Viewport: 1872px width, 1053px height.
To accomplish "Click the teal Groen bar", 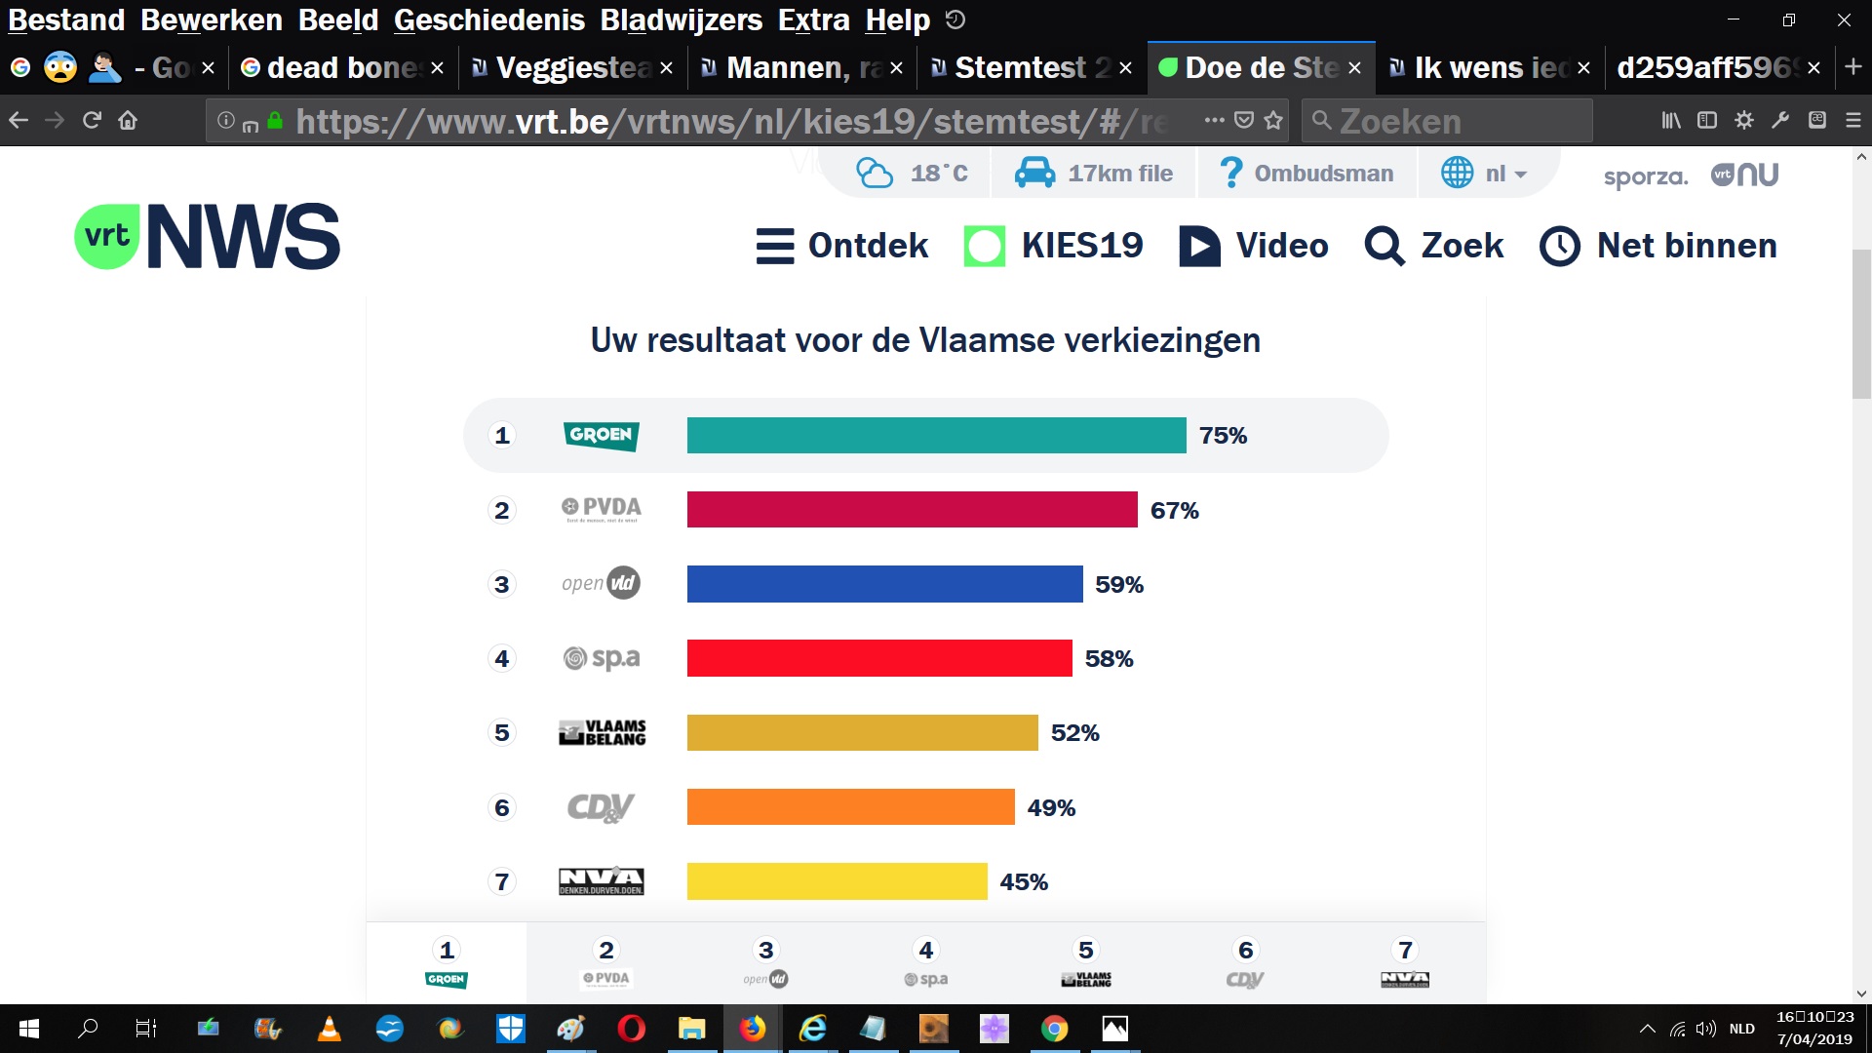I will (x=936, y=435).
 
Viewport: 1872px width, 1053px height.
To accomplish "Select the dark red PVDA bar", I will (x=912, y=510).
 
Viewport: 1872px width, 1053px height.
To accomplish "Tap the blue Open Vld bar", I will (x=884, y=584).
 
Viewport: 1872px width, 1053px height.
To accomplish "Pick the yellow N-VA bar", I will (x=837, y=881).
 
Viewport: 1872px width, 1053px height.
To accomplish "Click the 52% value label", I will (x=1074, y=733).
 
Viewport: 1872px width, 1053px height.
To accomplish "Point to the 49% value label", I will (x=1051, y=807).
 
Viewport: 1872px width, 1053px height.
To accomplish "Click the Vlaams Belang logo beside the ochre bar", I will (x=602, y=733).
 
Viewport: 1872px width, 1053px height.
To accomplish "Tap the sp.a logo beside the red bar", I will (x=602, y=658).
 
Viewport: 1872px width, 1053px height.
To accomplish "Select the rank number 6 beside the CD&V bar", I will (x=502, y=807).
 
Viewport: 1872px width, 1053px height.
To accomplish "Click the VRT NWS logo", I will (x=208, y=237).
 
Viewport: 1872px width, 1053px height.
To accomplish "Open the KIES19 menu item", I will (x=1053, y=246).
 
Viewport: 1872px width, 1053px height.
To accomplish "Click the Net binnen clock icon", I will (x=1559, y=247).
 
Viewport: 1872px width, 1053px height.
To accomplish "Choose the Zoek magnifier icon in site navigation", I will (x=1384, y=247).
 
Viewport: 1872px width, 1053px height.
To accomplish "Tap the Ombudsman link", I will (x=1306, y=174).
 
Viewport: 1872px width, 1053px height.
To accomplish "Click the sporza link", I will (x=1645, y=176).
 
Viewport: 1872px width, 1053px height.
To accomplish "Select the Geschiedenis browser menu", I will (x=488, y=19).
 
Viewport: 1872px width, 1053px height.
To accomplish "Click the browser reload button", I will (x=92, y=121).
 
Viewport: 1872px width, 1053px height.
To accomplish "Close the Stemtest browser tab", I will (x=1125, y=68).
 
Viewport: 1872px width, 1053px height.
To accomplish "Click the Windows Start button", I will (x=29, y=1029).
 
